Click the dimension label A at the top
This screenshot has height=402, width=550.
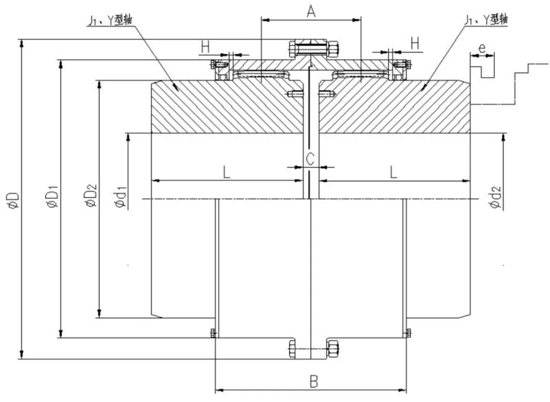tap(311, 11)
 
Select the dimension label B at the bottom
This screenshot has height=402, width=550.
tap(314, 381)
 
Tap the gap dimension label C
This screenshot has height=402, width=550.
tap(310, 159)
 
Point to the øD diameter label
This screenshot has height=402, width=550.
tap(14, 200)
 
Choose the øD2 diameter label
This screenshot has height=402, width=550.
tap(92, 194)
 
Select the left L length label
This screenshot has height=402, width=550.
tap(227, 172)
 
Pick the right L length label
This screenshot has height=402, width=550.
tap(394, 172)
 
